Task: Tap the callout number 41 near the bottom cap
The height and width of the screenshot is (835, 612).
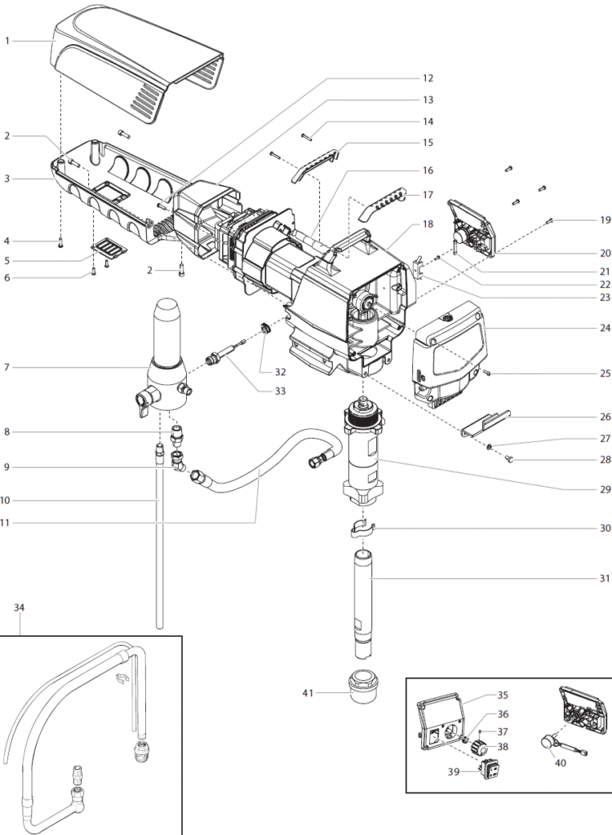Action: click(308, 694)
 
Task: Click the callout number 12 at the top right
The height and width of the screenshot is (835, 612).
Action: click(427, 78)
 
